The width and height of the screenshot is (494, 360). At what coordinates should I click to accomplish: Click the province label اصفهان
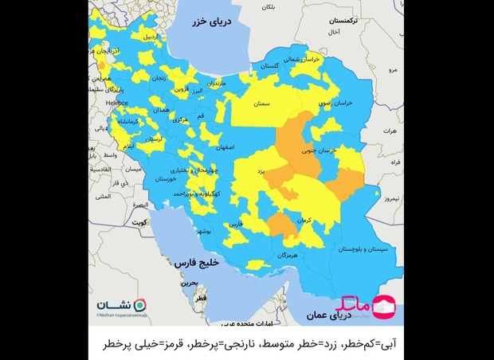tap(224, 147)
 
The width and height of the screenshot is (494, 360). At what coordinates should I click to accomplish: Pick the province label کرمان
tap(296, 219)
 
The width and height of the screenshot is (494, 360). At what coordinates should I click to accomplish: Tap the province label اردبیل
tap(148, 37)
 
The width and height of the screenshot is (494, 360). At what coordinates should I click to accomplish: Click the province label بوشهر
tap(203, 231)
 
